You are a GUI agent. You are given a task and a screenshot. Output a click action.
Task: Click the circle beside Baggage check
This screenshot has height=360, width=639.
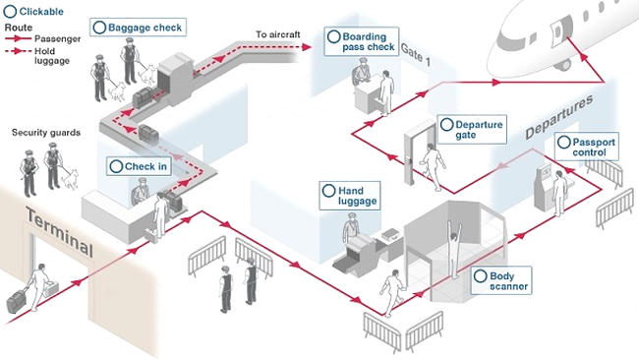[x=99, y=28]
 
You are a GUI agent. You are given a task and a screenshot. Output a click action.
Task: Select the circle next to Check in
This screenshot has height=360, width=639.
[x=116, y=166]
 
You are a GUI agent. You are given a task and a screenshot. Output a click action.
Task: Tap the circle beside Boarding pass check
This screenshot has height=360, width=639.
[x=334, y=36]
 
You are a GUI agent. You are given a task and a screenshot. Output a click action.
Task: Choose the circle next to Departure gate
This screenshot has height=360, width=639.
[x=446, y=125]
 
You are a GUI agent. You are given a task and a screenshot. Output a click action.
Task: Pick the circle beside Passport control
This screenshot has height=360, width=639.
[x=563, y=143]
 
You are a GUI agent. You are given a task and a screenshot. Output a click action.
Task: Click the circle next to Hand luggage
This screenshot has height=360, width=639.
[x=328, y=191]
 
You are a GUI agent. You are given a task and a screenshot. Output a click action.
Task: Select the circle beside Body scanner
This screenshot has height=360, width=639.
[x=480, y=276]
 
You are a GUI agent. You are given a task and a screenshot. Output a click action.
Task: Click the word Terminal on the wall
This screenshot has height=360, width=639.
[x=60, y=231]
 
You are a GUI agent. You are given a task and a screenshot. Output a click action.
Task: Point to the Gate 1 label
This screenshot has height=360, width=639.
[x=415, y=54]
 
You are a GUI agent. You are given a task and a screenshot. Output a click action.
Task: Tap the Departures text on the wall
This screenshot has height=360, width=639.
[x=558, y=117]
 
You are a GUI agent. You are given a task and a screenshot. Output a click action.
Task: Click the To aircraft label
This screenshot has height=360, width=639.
[x=278, y=34]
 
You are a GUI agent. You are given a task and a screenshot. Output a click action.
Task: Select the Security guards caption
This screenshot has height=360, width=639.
[x=46, y=133]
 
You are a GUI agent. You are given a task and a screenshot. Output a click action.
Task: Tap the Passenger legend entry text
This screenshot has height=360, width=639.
[x=57, y=38]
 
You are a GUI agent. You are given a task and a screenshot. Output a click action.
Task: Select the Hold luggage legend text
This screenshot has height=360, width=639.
[x=52, y=56]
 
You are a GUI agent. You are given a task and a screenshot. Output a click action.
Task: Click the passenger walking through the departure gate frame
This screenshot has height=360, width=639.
[x=433, y=166]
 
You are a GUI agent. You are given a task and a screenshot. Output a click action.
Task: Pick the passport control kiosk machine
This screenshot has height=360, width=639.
[x=545, y=187]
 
